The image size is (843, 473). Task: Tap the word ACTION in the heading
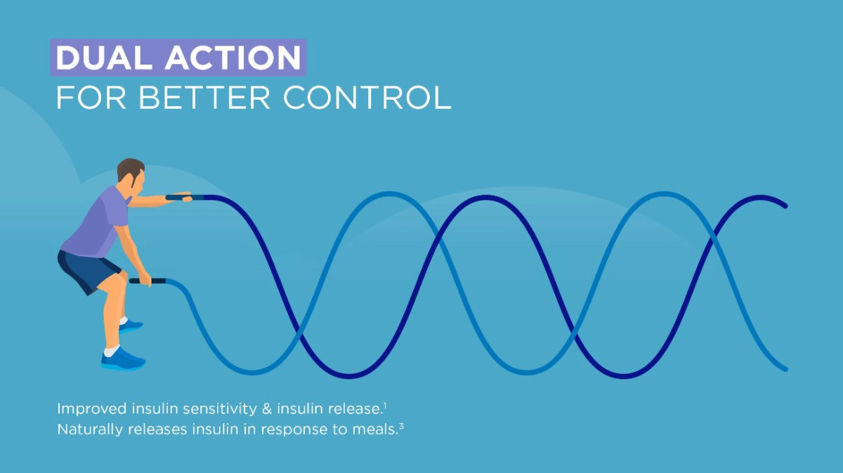[x=233, y=58]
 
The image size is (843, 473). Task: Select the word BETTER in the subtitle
[x=205, y=98]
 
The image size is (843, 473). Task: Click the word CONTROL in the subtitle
[x=367, y=98]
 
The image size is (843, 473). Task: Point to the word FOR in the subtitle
[x=91, y=98]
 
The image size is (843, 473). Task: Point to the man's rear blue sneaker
[x=131, y=326]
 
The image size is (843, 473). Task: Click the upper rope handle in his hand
[x=184, y=197]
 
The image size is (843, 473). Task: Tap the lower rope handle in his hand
[x=148, y=281]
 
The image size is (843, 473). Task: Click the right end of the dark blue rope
[x=785, y=206]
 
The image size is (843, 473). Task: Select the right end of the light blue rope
[x=785, y=369]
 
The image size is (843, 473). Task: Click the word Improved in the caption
[x=92, y=409]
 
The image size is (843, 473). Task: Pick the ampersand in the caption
[x=266, y=409]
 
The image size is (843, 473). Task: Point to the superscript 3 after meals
[x=401, y=426]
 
